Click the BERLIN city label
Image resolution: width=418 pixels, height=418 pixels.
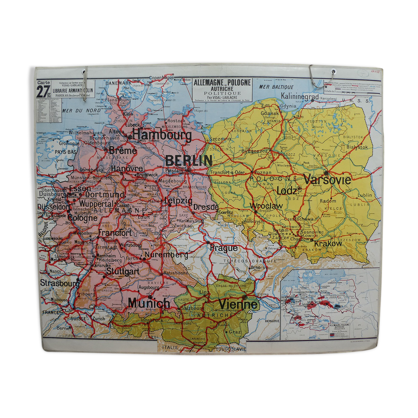click(x=189, y=160)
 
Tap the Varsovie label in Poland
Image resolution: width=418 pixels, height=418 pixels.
click(x=327, y=180)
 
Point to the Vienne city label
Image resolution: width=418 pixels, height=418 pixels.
click(x=238, y=304)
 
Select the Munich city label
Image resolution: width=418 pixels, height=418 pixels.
click(x=149, y=303)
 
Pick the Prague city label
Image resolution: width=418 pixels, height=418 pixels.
click(x=224, y=248)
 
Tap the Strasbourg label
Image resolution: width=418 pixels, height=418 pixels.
click(x=59, y=283)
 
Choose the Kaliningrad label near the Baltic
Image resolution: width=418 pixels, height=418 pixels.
click(x=300, y=96)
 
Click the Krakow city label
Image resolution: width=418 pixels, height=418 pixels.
click(x=328, y=244)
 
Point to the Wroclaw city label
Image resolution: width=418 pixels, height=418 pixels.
click(x=266, y=206)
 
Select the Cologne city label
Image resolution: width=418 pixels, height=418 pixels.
click(x=82, y=218)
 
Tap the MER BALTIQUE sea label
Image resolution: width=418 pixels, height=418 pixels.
click(x=276, y=87)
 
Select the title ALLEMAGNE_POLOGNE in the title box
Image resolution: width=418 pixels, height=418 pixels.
click(x=222, y=83)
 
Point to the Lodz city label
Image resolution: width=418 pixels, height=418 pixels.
click(x=287, y=191)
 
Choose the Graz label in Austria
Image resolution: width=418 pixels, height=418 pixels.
click(x=234, y=332)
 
